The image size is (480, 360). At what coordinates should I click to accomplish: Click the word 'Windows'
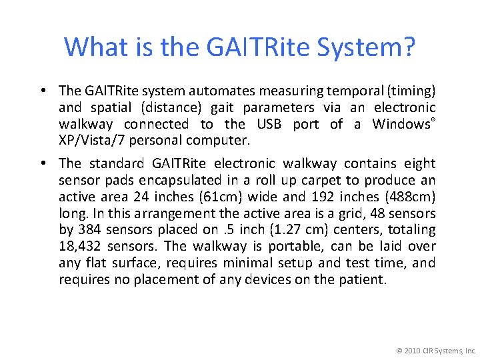pyautogui.click(x=400, y=124)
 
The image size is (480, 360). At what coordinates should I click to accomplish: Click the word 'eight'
pyautogui.click(x=418, y=163)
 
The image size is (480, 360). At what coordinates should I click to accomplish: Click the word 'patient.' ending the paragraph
pyautogui.click(x=363, y=280)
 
